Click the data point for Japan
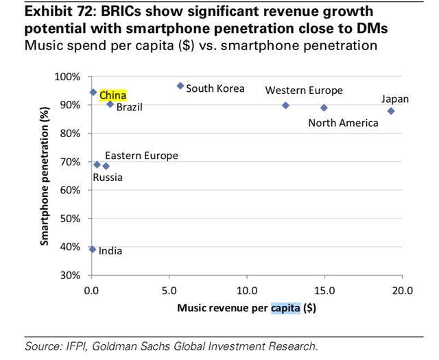(391, 111)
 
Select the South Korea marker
(180, 86)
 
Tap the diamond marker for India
(93, 250)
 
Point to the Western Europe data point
(285, 105)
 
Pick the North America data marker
(324, 108)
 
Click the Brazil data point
(110, 104)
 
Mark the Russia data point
(97, 165)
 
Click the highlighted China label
(113, 95)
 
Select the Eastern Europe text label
(141, 156)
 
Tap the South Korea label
(215, 88)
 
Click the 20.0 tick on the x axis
(402, 290)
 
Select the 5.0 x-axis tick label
(169, 290)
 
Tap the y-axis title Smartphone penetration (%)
(45, 176)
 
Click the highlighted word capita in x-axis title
(285, 308)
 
